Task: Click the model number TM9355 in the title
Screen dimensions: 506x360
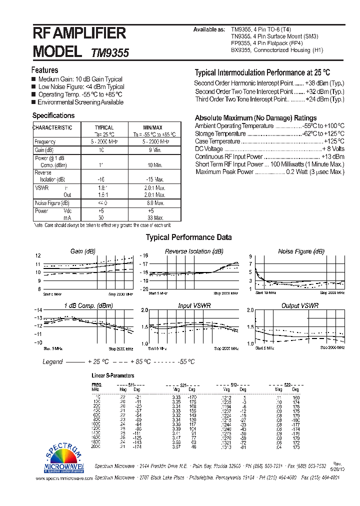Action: (x=110, y=51)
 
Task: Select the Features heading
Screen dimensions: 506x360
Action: (x=45, y=70)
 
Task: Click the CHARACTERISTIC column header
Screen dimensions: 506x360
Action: (x=52, y=127)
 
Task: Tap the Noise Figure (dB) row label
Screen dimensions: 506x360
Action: (x=51, y=203)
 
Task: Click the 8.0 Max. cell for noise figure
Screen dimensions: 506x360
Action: (x=155, y=203)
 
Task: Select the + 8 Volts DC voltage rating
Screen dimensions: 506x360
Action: (x=333, y=149)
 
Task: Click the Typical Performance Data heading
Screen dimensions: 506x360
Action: (x=188, y=237)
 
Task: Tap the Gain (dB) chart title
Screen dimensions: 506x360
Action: (x=82, y=251)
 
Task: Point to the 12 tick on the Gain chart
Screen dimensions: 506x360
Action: (x=37, y=255)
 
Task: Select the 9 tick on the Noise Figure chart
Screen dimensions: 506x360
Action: (x=250, y=256)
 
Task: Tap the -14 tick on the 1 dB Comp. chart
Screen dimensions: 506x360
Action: (x=38, y=310)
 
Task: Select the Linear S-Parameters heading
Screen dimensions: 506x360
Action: (x=113, y=374)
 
